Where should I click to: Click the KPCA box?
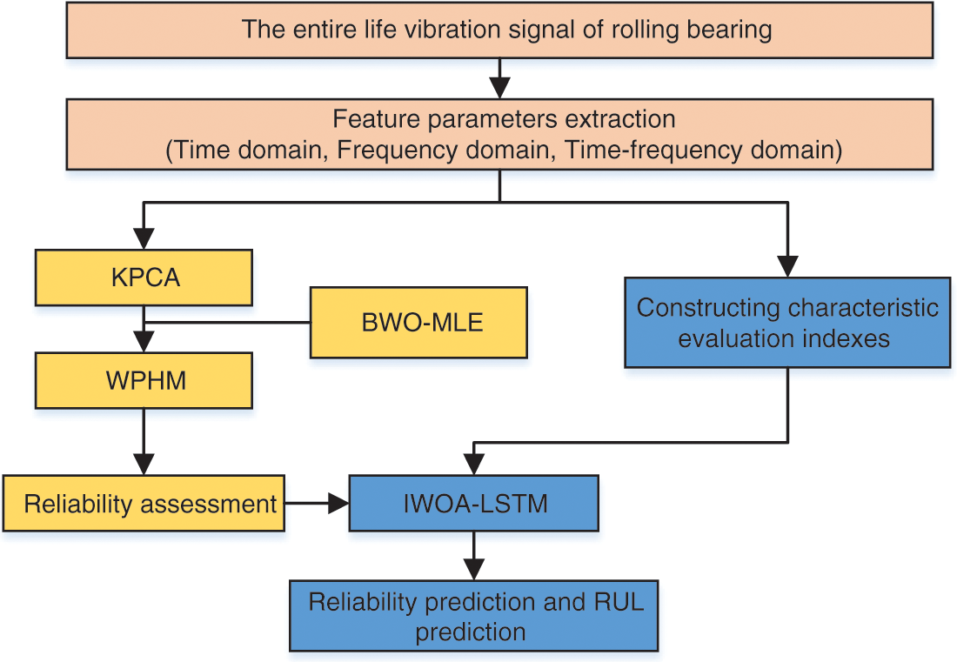(x=144, y=278)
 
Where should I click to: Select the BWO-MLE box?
(x=418, y=323)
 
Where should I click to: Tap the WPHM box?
(x=144, y=381)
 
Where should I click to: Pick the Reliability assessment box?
(x=144, y=504)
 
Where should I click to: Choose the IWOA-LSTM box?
(x=473, y=504)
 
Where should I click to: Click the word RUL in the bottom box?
(x=619, y=602)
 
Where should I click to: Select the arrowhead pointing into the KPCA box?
(x=144, y=238)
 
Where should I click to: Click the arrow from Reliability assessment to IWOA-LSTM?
(x=317, y=504)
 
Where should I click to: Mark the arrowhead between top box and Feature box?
(x=500, y=88)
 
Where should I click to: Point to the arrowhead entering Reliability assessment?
(x=144, y=465)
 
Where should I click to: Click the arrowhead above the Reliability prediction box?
(x=473, y=569)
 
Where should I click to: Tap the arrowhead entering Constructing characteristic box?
(x=788, y=267)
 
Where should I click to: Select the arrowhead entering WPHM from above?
(x=144, y=342)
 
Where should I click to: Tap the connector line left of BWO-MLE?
(x=227, y=322)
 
